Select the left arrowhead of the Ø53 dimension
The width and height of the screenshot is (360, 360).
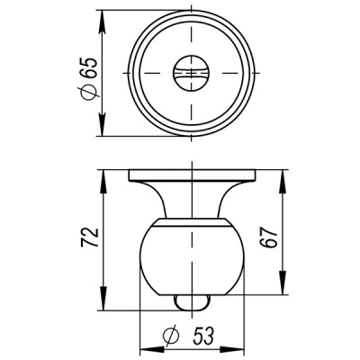(146, 347)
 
